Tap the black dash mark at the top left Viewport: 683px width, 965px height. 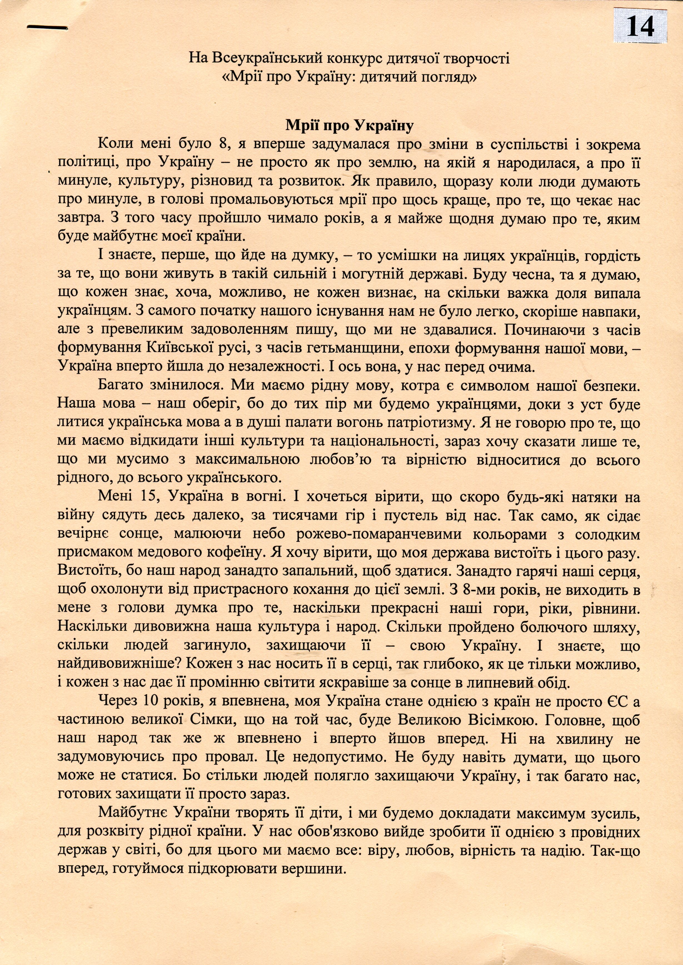click(x=46, y=27)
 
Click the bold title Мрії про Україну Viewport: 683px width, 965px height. click(x=350, y=125)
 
